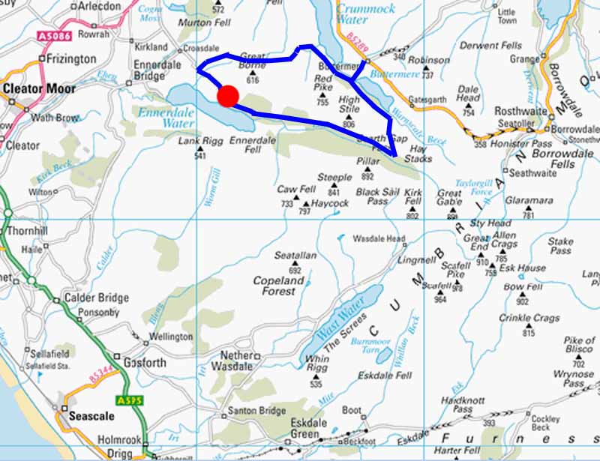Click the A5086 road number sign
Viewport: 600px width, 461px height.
pos(53,35)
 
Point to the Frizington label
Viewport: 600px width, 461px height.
pos(71,58)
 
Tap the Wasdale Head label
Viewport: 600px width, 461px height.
pos(379,239)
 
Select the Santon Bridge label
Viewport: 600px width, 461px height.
pos(258,411)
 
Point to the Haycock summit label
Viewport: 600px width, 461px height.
pos(330,203)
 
